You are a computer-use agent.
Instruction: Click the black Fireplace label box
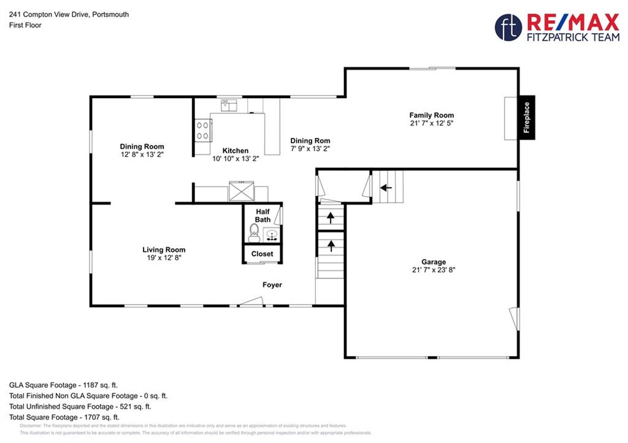coord(527,118)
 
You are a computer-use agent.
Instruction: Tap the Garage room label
coord(434,262)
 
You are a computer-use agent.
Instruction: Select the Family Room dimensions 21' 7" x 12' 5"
coord(431,123)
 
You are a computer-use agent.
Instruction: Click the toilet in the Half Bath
coord(254,233)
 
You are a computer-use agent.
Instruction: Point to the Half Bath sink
coord(272,235)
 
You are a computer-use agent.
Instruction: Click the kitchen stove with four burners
coord(202,131)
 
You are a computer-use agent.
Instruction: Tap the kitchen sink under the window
coord(229,105)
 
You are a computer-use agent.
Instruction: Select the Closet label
coord(262,254)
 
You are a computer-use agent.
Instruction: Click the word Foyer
coord(272,285)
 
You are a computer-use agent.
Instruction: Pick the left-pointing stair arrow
coord(386,187)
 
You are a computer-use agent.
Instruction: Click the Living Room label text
coord(164,250)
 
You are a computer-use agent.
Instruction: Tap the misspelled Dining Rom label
coord(310,140)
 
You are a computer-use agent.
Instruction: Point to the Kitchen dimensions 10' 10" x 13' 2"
coord(235,159)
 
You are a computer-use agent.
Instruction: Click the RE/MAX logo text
coord(573,22)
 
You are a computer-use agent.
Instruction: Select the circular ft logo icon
coord(508,27)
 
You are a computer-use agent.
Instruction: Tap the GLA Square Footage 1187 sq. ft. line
coord(63,385)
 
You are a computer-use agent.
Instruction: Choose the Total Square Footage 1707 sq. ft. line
coord(64,417)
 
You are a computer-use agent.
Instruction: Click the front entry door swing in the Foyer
coord(251,301)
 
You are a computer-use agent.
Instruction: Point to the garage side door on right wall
coord(515,319)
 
